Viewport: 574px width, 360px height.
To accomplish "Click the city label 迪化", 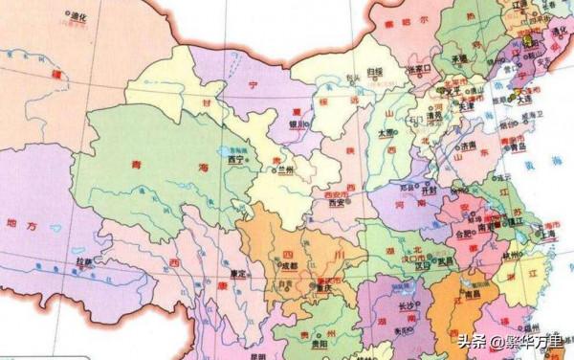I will [76, 16].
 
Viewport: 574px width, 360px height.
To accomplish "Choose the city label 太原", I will [386, 132].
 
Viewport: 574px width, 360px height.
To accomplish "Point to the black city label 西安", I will [336, 203].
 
